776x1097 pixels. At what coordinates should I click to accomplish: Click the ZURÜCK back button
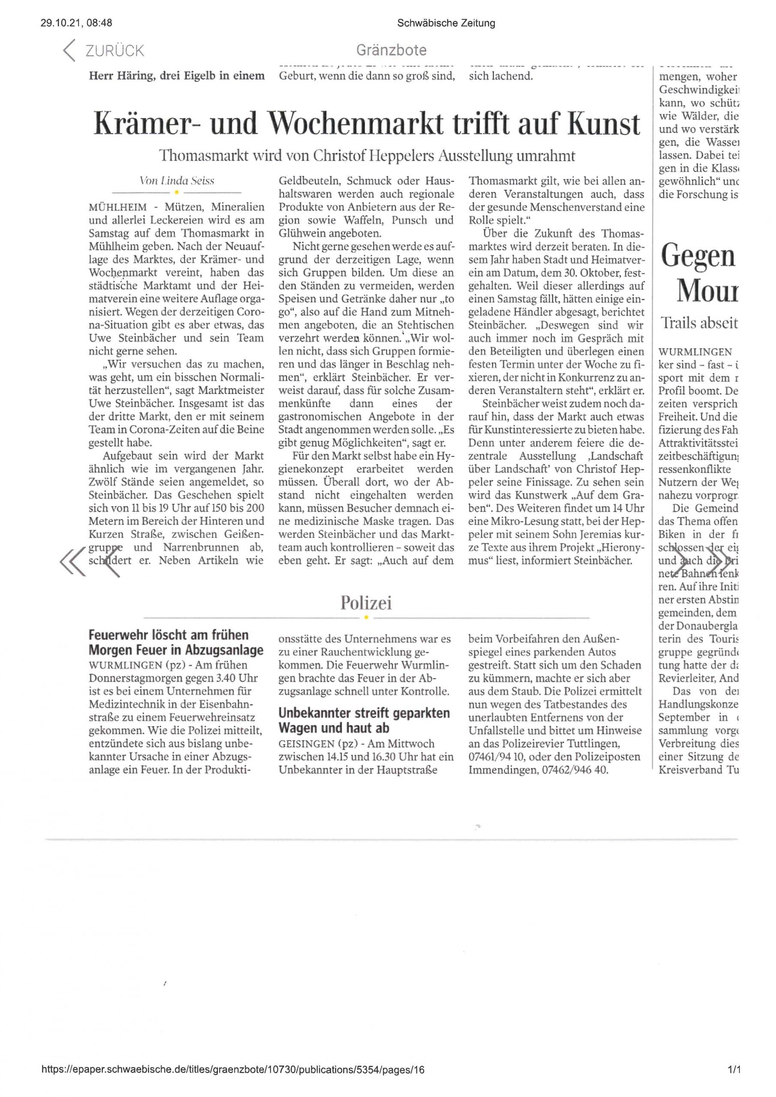103,51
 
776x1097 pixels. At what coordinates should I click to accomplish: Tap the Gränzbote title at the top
391,50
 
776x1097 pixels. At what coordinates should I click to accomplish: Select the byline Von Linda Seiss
177,180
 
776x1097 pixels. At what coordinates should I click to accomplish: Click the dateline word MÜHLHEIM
117,207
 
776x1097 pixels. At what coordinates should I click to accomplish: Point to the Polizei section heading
366,603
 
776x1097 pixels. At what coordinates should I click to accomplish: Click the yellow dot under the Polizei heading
366,617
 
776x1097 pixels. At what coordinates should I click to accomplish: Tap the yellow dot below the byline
177,192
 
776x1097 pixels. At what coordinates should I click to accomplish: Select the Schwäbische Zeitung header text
445,23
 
